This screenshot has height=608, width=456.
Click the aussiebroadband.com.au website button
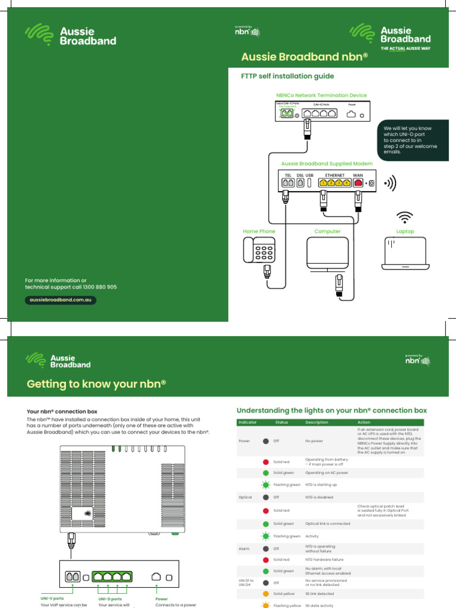60,300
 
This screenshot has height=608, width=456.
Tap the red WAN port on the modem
358,183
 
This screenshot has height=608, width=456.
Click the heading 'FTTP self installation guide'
287,76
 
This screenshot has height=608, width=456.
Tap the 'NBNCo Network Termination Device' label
321,95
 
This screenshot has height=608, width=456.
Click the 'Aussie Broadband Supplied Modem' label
327,163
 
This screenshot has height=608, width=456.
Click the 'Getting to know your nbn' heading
96,384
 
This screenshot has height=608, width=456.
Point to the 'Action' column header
365,422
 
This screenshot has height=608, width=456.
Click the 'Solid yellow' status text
284,594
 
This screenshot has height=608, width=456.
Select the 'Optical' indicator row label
245,497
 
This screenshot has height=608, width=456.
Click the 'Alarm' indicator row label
244,549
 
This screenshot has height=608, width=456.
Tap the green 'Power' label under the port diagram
161,599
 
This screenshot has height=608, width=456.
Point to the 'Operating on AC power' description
327,473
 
